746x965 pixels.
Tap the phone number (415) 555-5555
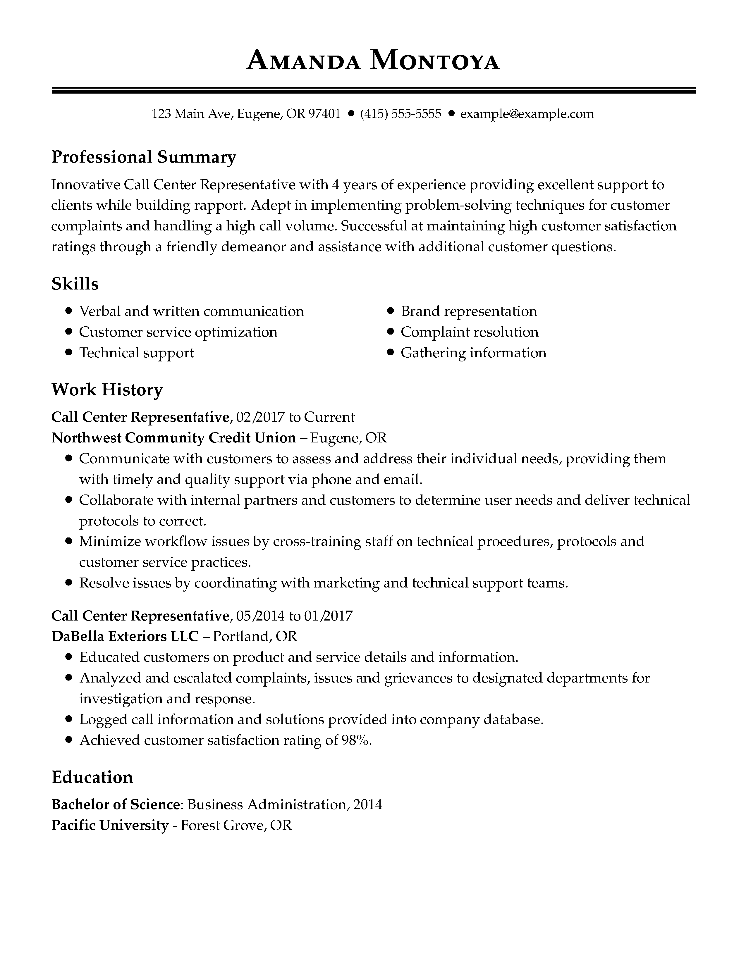tap(400, 114)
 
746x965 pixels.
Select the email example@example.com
tap(527, 114)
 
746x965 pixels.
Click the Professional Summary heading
tap(144, 157)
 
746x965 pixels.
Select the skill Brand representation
tap(468, 311)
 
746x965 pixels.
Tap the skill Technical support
tap(137, 353)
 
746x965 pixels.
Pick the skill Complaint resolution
tap(469, 332)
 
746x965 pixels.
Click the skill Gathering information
tap(473, 353)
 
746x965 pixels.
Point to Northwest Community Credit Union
tap(173, 438)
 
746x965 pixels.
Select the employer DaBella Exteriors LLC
tap(125, 636)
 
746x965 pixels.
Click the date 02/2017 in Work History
tap(260, 417)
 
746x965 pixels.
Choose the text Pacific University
tap(110, 825)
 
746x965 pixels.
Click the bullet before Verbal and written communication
tap(68, 311)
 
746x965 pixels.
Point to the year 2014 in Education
tap(368, 804)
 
